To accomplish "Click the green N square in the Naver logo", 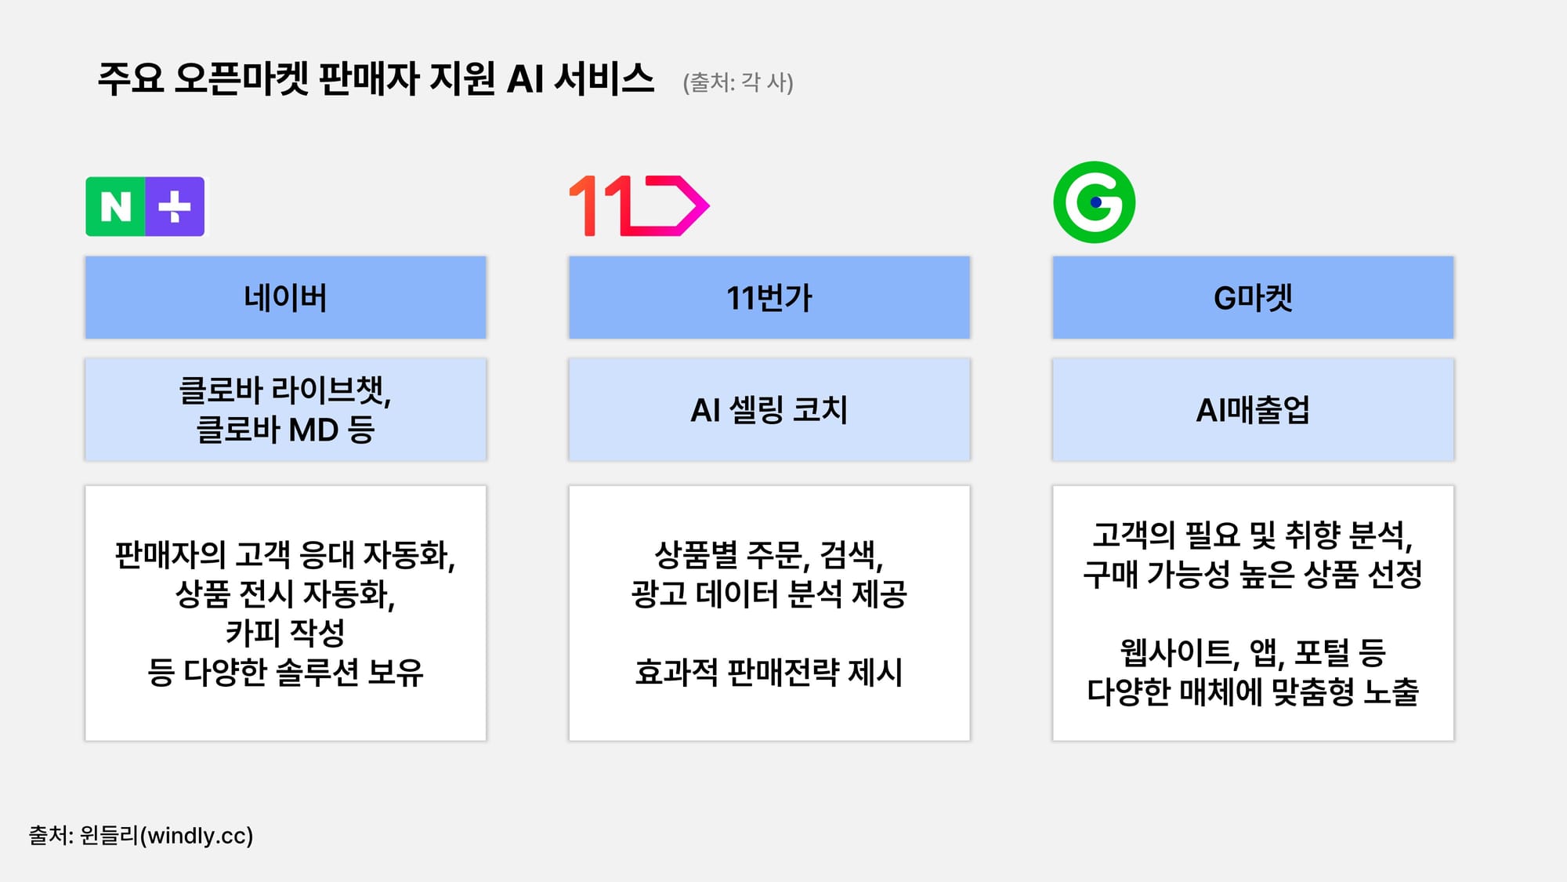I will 115,207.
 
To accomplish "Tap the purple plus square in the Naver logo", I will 175,207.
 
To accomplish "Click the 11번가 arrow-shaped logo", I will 639,205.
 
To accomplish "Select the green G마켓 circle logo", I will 1094,202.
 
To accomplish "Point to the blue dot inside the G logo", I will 1095,202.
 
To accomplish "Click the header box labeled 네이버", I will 285,298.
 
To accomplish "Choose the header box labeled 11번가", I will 769,298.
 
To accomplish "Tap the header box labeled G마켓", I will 1252,298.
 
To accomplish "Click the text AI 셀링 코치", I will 769,410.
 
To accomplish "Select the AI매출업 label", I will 1252,410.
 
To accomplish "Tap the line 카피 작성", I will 285,633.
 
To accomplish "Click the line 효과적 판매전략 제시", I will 769,672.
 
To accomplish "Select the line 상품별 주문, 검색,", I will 769,555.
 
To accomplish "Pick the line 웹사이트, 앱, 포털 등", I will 1252,652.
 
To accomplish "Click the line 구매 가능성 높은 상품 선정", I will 1252,575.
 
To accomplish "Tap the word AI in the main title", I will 525,79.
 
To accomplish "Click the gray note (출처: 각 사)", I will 738,82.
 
